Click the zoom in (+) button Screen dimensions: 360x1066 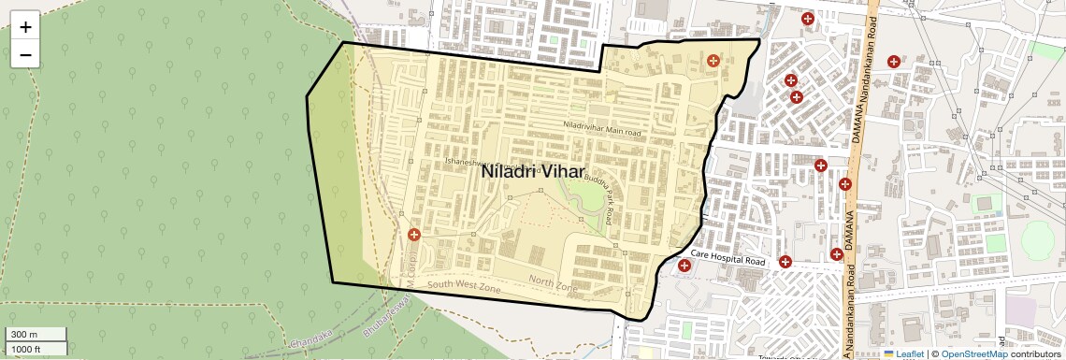pyautogui.click(x=25, y=27)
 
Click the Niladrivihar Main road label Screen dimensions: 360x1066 pyautogui.click(x=602, y=129)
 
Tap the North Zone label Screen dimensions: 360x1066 pyautogui.click(x=555, y=281)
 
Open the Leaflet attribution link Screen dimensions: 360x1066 pyautogui.click(x=903, y=353)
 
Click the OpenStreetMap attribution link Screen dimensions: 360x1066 pyautogui.click(x=973, y=353)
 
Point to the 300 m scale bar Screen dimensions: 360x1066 pyautogui.click(x=36, y=335)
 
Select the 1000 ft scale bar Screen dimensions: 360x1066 pyautogui.click(x=36, y=349)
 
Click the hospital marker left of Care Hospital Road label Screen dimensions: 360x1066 pyautogui.click(x=685, y=266)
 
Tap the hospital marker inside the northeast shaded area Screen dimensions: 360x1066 pyautogui.click(x=713, y=61)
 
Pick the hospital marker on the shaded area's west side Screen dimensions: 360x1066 pyautogui.click(x=413, y=234)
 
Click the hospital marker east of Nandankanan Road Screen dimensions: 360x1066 pyautogui.click(x=894, y=62)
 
